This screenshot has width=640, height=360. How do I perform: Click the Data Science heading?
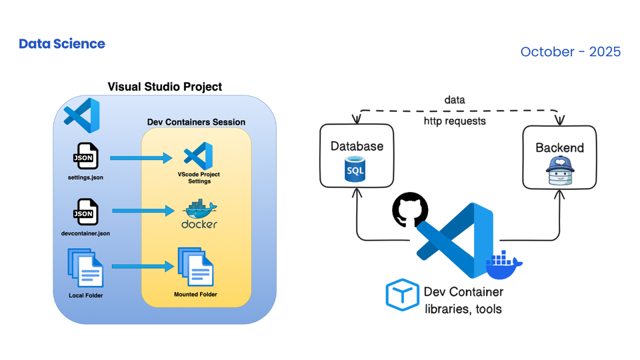pos(62,44)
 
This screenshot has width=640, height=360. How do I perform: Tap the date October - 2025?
pos(570,51)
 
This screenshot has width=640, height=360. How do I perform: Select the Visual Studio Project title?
pos(165,87)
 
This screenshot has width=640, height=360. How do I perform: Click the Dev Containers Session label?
pos(196,122)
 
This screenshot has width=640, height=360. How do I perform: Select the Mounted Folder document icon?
pos(195,267)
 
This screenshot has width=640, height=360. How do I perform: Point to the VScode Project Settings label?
pos(199,177)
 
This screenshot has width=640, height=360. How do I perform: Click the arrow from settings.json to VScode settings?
pos(139,158)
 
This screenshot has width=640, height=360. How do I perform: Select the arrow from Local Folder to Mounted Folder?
pos(143,267)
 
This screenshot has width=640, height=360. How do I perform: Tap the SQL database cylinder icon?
pos(355,169)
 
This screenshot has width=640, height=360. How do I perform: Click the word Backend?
pos(559,147)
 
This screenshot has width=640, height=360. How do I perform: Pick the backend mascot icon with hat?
pos(559,171)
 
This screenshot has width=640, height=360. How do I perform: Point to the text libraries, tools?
pos(463,309)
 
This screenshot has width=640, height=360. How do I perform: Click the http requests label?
pos(455,121)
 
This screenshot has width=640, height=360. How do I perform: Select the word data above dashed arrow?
pos(455,100)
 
